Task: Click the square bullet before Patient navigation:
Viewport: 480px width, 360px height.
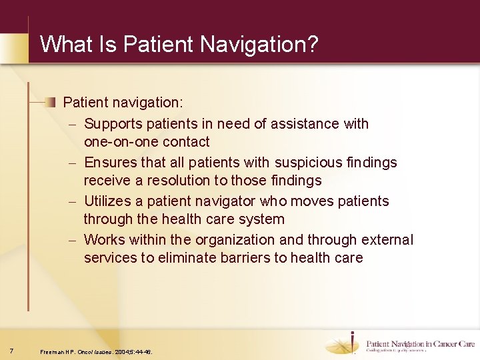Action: pyautogui.click(x=51, y=102)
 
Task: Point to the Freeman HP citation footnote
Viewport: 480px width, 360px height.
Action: pyautogui.click(x=96, y=351)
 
